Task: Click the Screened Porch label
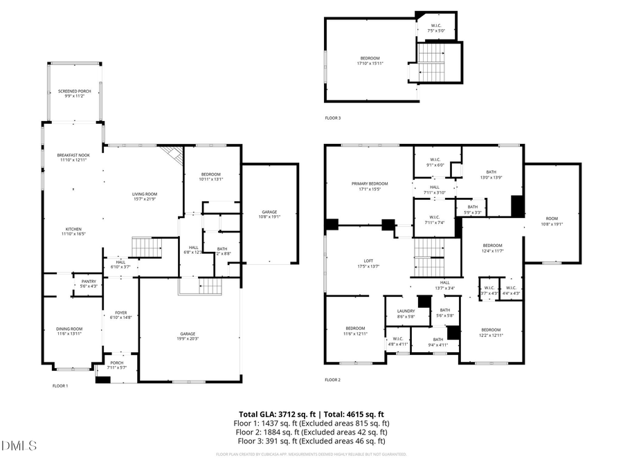[74, 93]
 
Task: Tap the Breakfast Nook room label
[74, 157]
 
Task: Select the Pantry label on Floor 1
[89, 284]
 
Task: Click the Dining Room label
[69, 331]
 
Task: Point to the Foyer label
[120, 315]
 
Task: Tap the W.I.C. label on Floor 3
[437, 28]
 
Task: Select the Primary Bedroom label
[370, 185]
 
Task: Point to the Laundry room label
[406, 313]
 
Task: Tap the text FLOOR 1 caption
[60, 385]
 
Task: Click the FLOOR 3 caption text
[332, 118]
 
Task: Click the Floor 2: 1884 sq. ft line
[311, 432]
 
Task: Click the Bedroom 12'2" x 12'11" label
[491, 331]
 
